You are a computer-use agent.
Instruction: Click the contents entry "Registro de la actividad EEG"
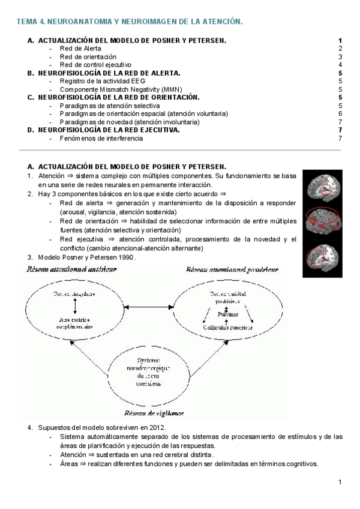[102, 81]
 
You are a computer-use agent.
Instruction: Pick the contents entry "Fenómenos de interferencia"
[101, 138]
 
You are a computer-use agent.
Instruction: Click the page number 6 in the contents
[340, 113]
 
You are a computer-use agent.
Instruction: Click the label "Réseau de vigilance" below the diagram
[154, 413]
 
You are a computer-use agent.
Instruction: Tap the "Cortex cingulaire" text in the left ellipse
[74, 295]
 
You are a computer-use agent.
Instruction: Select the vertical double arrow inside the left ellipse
[74, 306]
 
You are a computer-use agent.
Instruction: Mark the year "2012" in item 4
[152, 427]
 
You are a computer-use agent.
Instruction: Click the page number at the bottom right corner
[340, 482]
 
